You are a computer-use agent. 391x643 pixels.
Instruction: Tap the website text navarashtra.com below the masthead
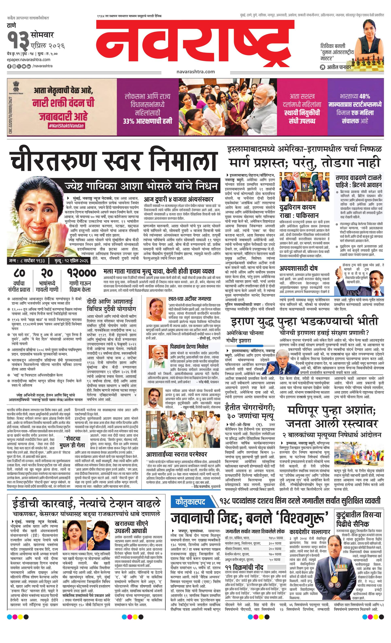click(195, 72)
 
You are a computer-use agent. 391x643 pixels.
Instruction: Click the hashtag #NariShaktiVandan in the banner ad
click(66, 126)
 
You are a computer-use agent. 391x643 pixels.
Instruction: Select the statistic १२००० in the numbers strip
click(82, 273)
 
